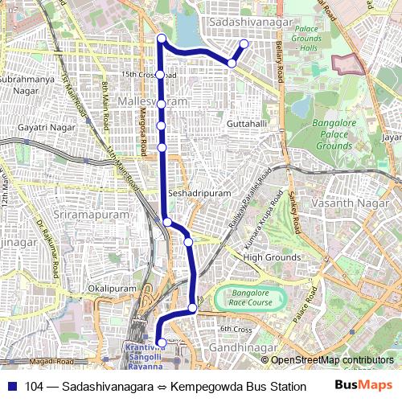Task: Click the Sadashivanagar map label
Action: pyautogui.click(x=249, y=23)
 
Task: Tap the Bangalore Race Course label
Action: pyautogui.click(x=250, y=298)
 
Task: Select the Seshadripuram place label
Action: pyautogui.click(x=200, y=195)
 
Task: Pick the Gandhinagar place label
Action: pyautogui.click(x=243, y=347)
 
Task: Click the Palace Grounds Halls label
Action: pyautogui.click(x=306, y=39)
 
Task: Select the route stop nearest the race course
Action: pyautogui.click(x=193, y=308)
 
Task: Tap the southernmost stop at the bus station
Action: pyautogui.click(x=162, y=343)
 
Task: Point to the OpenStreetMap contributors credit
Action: pyautogui.click(x=332, y=360)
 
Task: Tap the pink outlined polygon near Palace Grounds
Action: pyautogui.click(x=348, y=64)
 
